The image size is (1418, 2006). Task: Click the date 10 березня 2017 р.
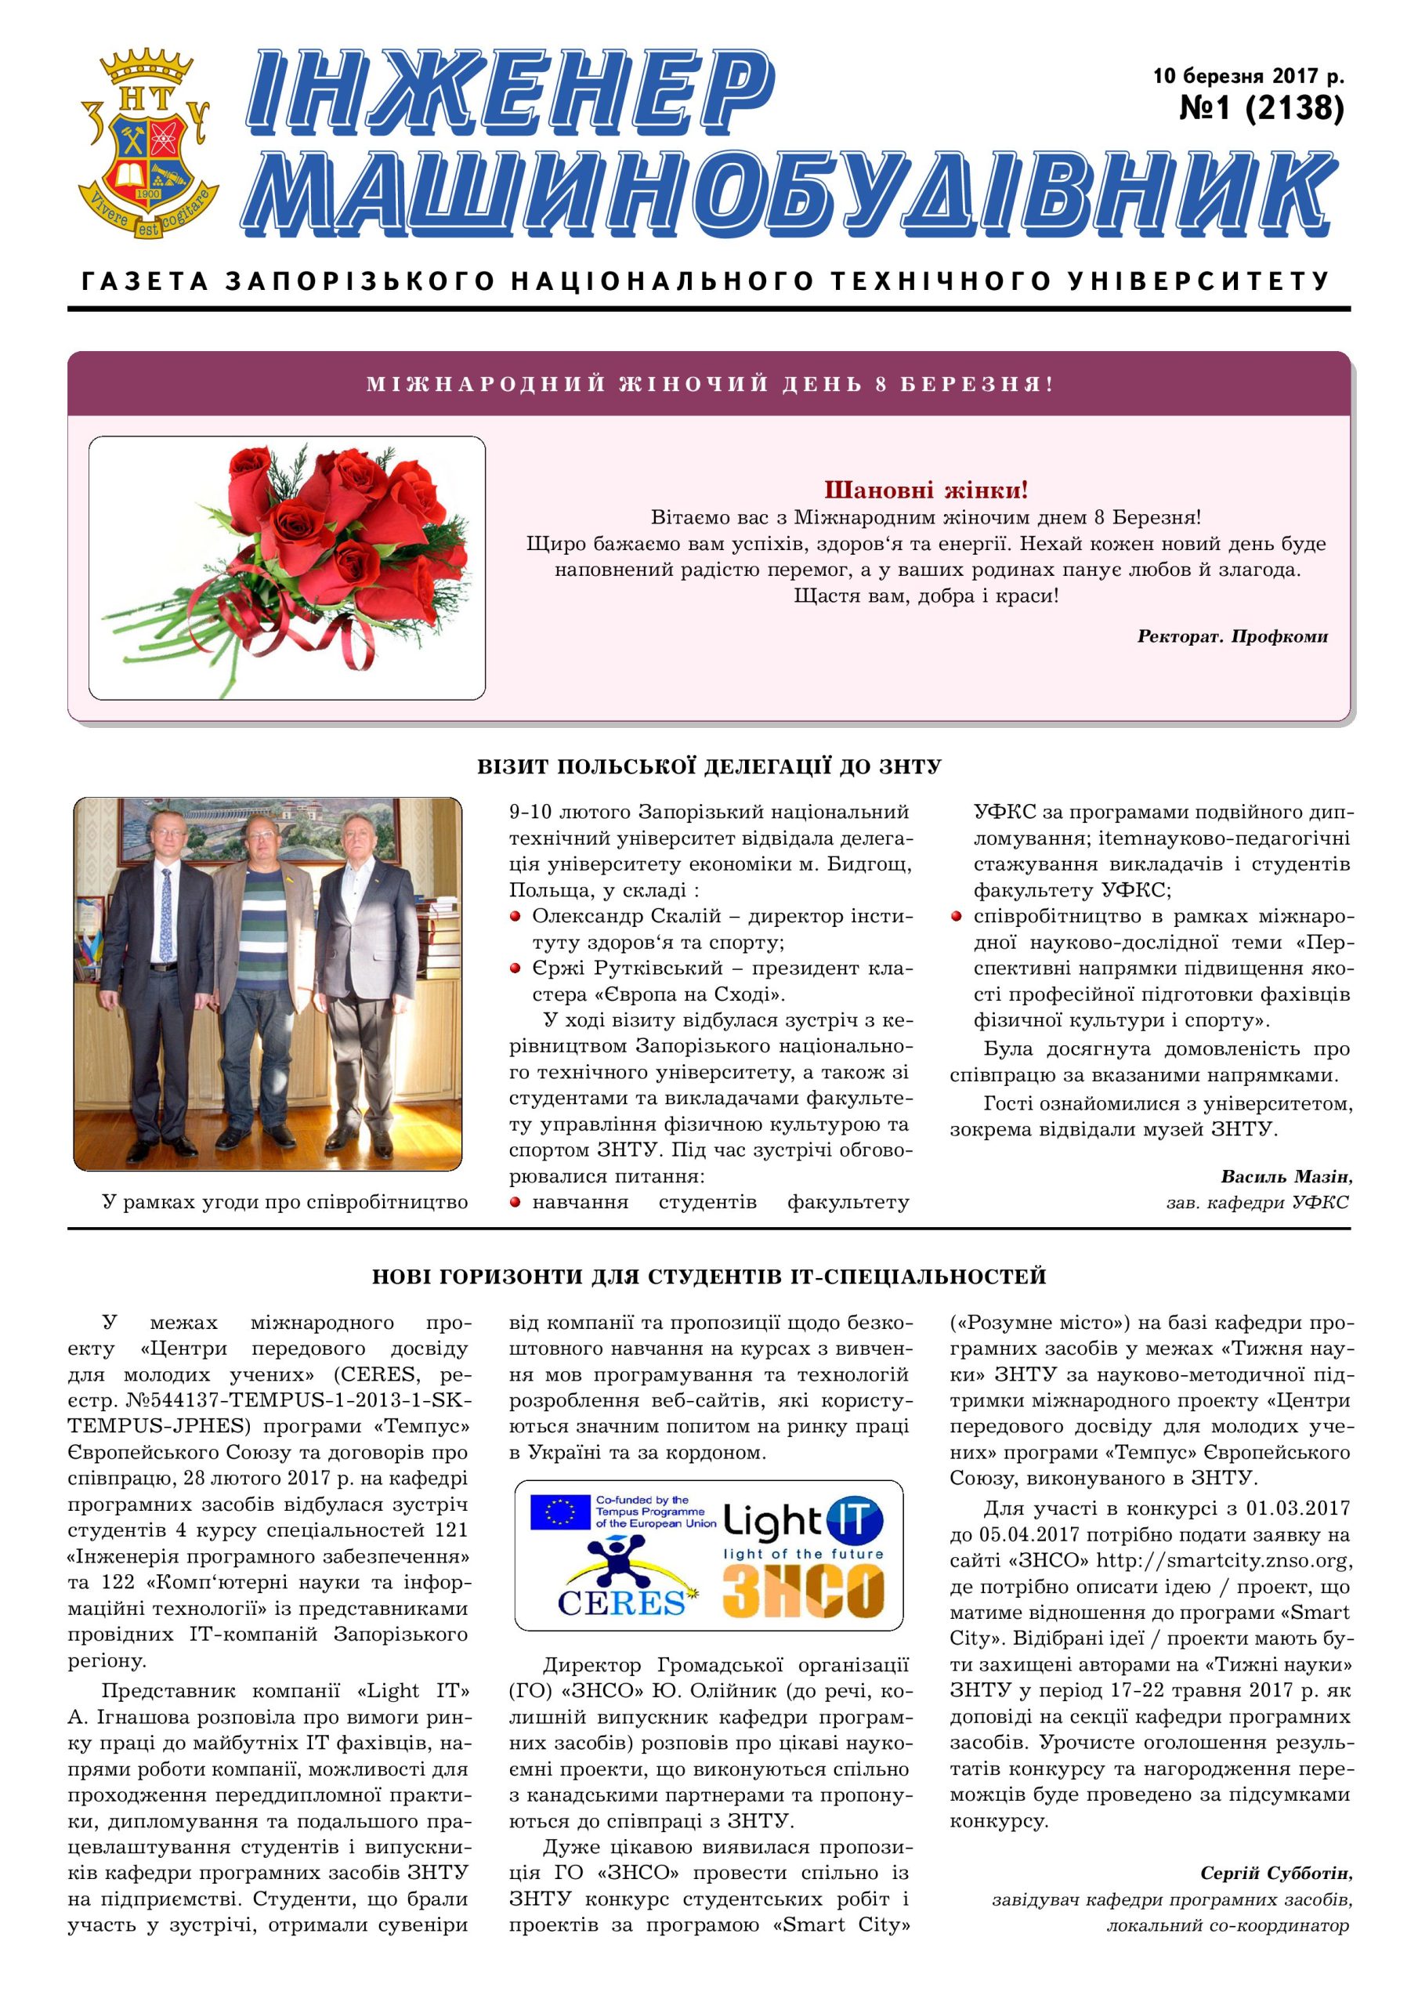1249,75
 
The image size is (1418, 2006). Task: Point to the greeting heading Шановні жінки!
926,489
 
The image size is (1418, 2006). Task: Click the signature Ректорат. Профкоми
1232,636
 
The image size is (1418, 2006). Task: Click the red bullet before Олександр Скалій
515,917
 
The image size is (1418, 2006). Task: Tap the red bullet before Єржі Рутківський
515,968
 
